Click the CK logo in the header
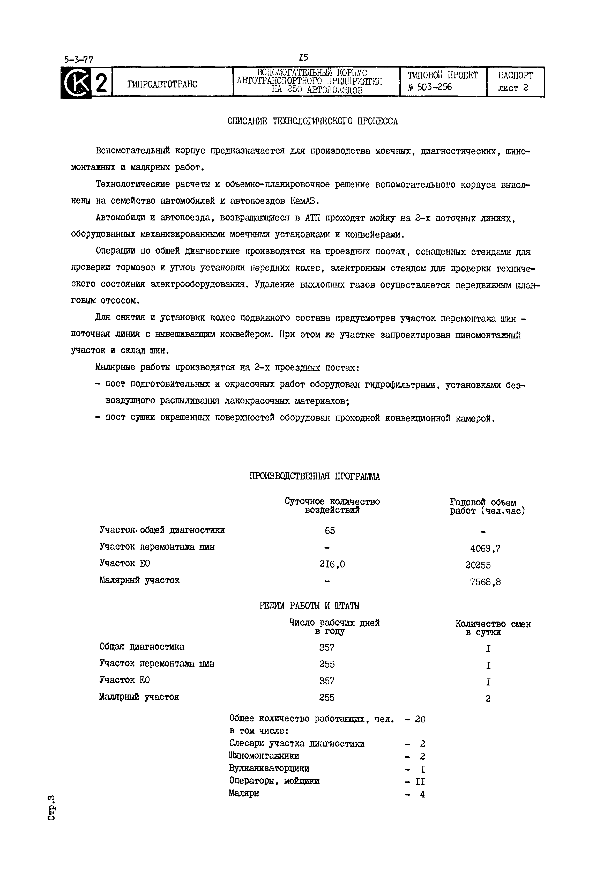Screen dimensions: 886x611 tap(76, 83)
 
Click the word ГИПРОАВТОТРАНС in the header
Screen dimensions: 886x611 tap(162, 84)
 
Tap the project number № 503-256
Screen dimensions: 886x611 tap(430, 87)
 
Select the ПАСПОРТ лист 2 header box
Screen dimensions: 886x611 tap(515, 82)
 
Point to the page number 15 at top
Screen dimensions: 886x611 tap(304, 58)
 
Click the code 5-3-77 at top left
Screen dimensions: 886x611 tap(78, 60)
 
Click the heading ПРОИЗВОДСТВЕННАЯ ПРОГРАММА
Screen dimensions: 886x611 tap(315, 476)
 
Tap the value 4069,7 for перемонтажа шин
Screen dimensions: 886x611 tap(485, 549)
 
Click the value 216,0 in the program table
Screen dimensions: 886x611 tap(332, 564)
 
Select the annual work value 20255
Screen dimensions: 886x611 tap(478, 565)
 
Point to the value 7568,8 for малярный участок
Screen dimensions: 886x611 tap(485, 582)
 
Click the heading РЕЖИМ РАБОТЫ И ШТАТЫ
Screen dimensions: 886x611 tap(309, 606)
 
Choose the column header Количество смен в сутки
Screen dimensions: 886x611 tap(493, 628)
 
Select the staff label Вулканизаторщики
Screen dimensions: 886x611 tap(269, 769)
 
